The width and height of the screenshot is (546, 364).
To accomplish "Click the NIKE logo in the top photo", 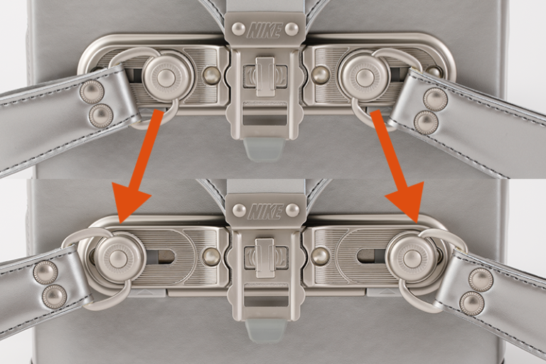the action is click(x=264, y=31).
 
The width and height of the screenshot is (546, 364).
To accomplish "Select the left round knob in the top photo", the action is click(x=164, y=78).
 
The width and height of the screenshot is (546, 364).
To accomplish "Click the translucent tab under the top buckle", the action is click(x=264, y=149).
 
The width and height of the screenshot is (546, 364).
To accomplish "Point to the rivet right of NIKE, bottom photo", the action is click(x=292, y=210).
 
